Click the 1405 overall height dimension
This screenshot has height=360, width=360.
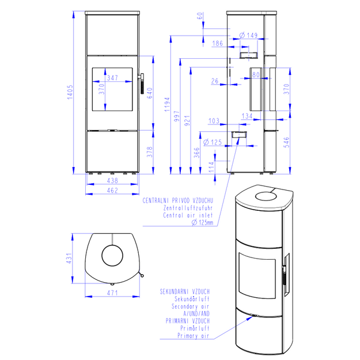tap(70, 92)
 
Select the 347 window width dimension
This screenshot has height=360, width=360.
tap(112, 78)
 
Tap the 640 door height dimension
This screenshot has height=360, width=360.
tap(149, 93)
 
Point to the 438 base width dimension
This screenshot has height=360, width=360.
tap(112, 181)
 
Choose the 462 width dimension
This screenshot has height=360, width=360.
tap(112, 191)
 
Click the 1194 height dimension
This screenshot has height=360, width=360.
tap(167, 104)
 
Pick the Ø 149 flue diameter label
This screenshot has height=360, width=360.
tap(248, 35)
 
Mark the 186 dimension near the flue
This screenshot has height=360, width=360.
tap(217, 43)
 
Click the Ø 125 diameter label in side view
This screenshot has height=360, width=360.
tap(213, 142)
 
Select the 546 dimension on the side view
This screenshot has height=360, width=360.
tap(287, 142)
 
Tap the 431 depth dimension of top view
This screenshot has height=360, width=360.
tap(69, 258)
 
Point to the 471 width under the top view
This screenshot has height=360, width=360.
tap(112, 293)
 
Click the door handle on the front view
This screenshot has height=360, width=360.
tap(142, 84)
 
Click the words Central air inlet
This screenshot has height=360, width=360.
tap(188, 215)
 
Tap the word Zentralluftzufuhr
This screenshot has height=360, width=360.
tap(188, 208)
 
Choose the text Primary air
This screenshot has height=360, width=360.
tap(194, 336)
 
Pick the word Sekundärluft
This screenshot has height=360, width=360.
tap(192, 299)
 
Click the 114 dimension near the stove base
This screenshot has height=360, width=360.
tap(211, 167)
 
